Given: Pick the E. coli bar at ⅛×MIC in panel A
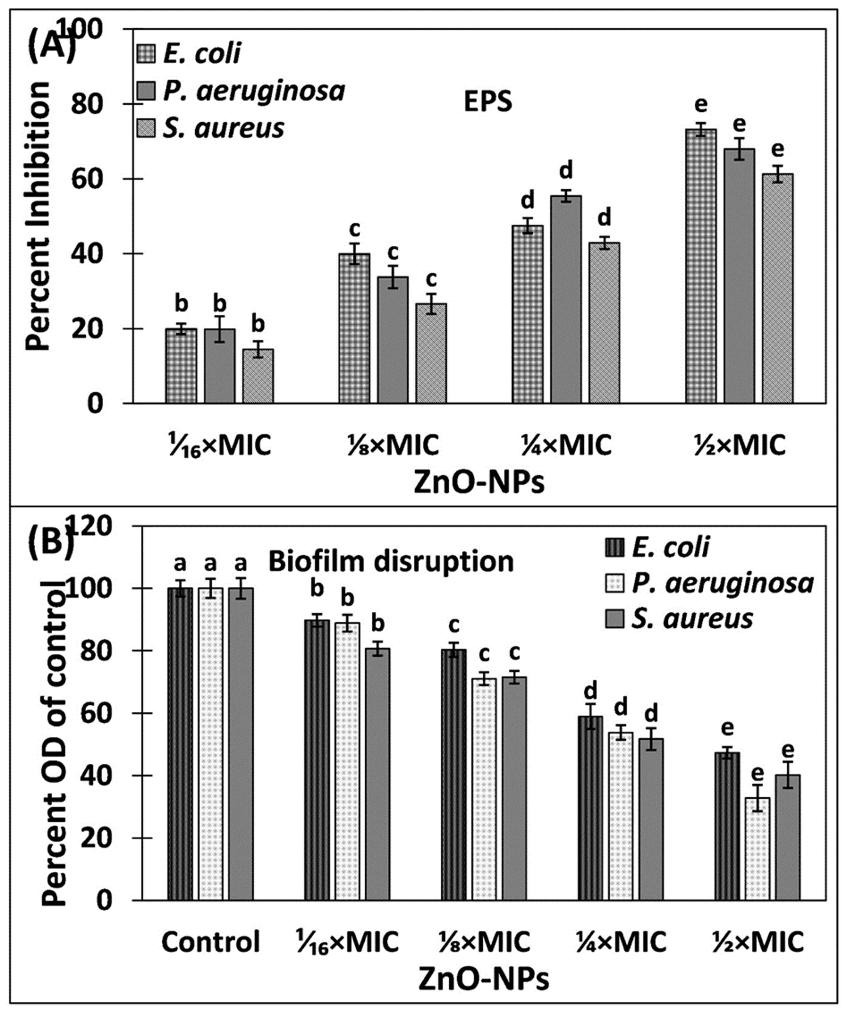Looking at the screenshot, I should click(354, 328).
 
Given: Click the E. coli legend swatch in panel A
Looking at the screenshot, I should click(146, 53).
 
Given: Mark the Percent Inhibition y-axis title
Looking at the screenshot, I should click(38, 216).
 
